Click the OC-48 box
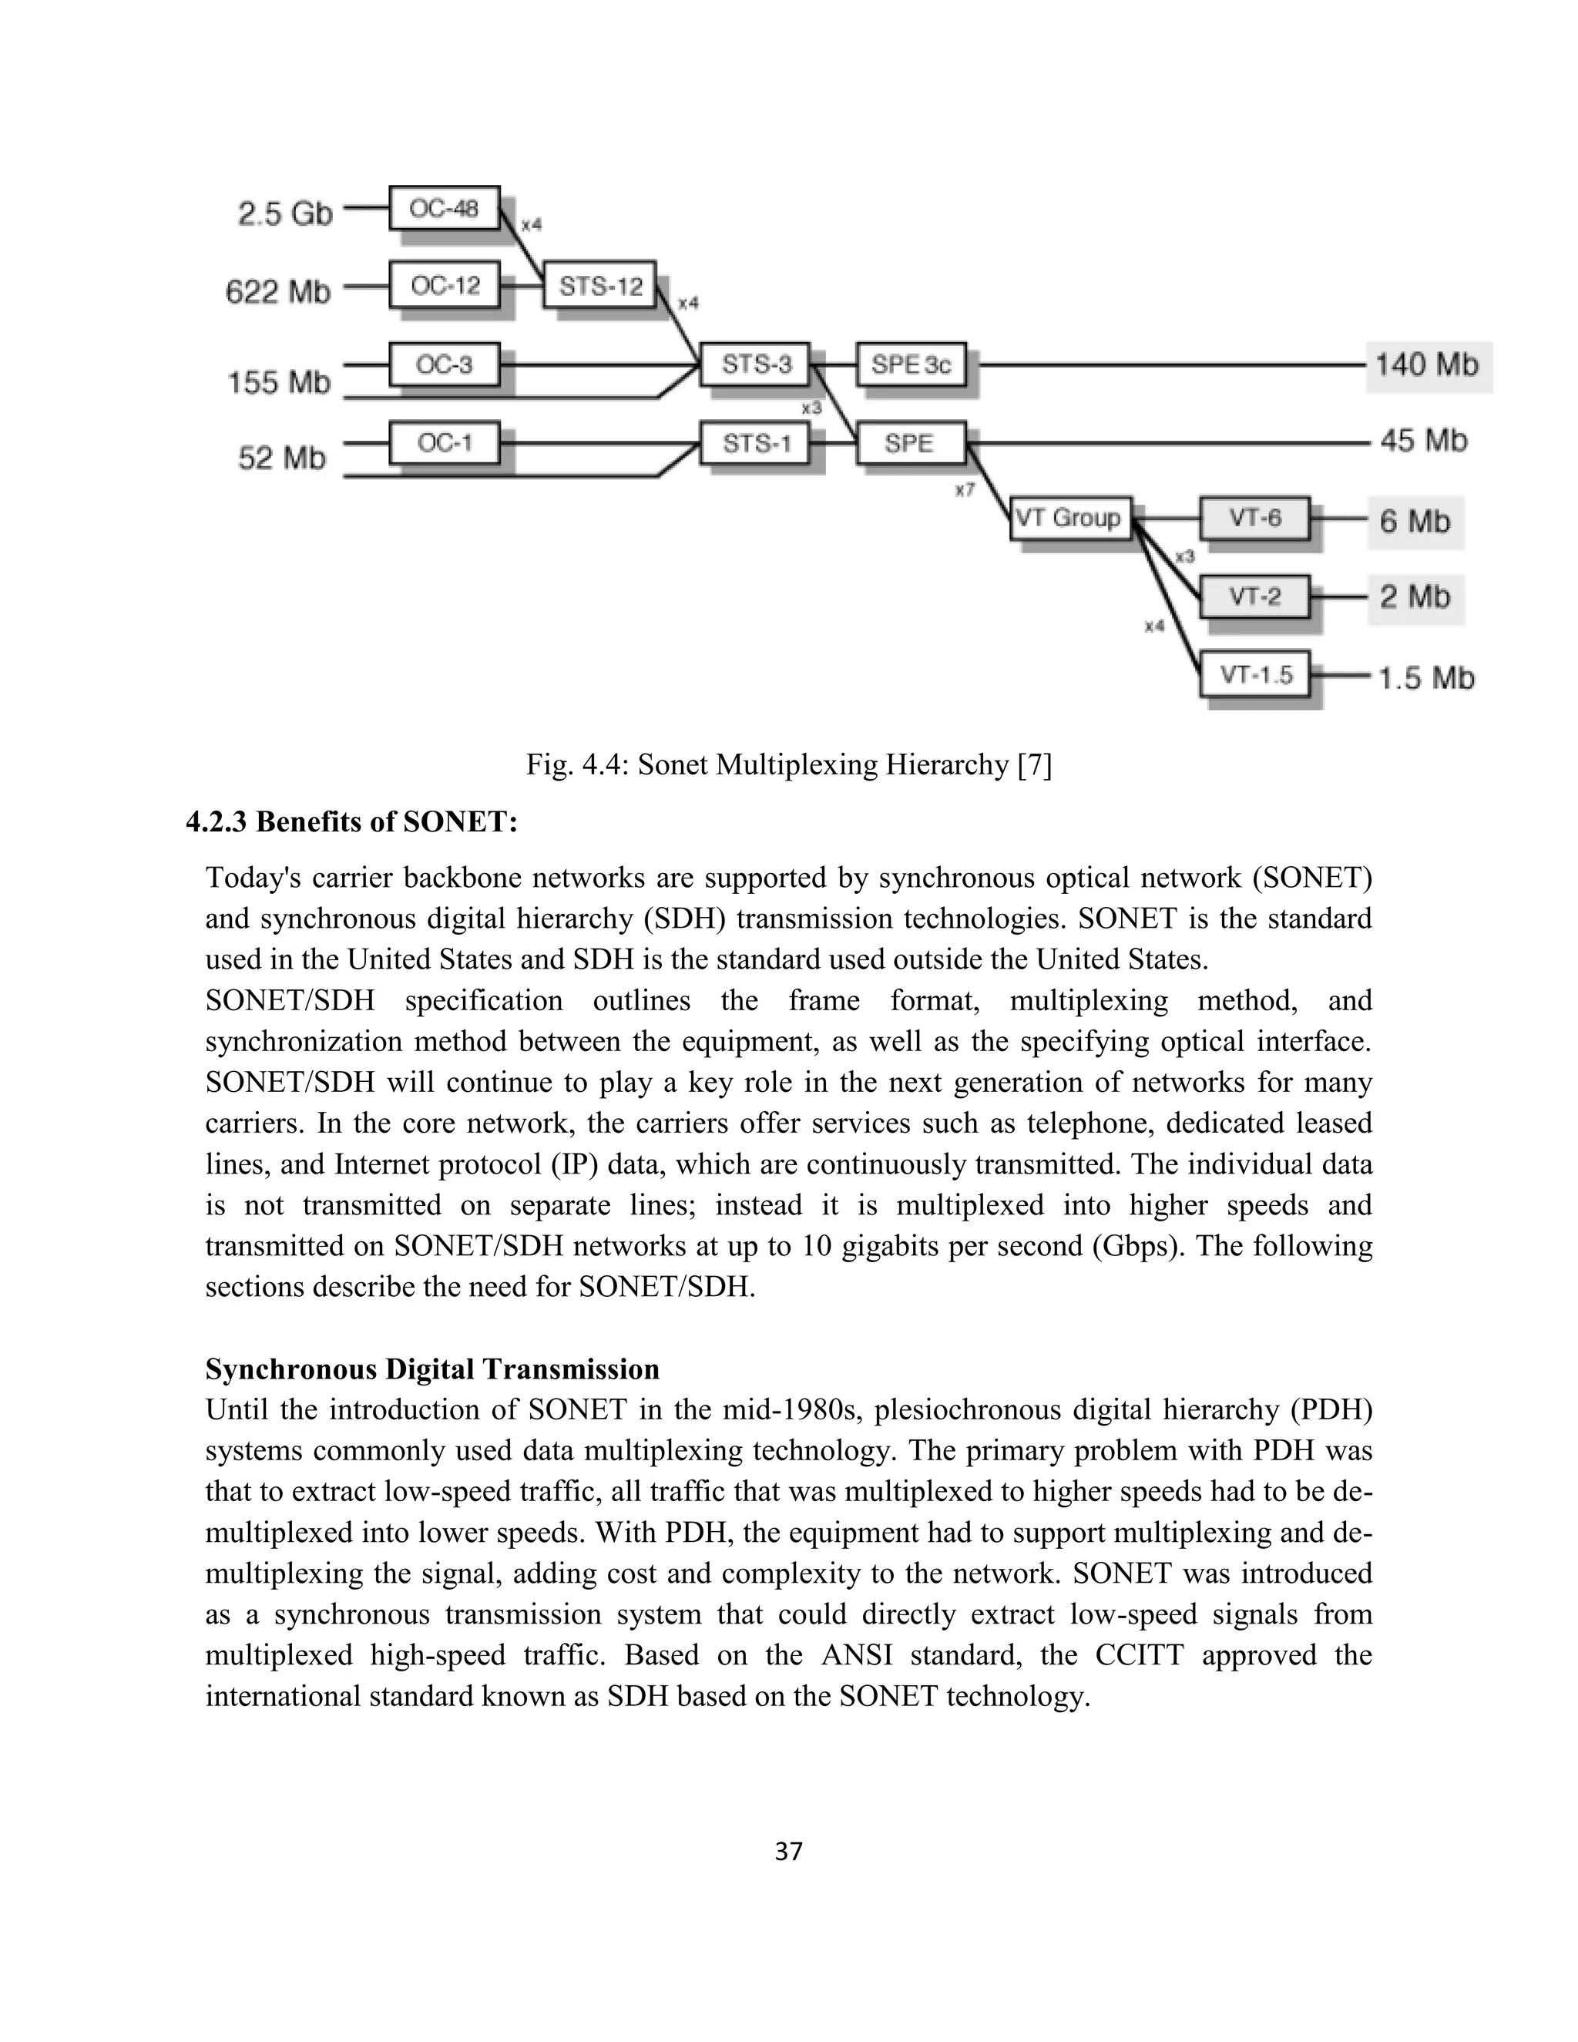(444, 207)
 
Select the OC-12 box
(444, 286)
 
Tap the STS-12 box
(600, 286)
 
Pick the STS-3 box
(755, 364)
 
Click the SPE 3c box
(911, 364)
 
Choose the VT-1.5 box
(1254, 675)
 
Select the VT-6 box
(1254, 518)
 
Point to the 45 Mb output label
(1424, 440)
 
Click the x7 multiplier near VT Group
(964, 490)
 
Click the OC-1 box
(444, 442)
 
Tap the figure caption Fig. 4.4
(788, 765)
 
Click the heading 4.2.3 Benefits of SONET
(351, 822)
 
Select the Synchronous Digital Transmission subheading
(432, 1369)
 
